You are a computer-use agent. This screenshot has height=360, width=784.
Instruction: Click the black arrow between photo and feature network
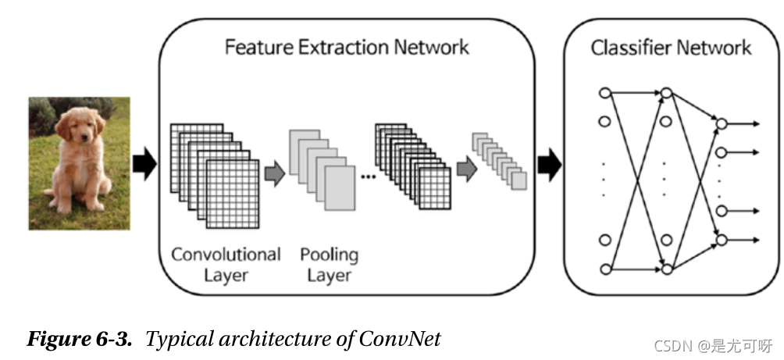[x=144, y=164]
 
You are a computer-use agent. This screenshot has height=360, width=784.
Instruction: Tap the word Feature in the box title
[x=255, y=47]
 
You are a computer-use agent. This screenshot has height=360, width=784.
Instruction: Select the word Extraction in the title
[x=337, y=47]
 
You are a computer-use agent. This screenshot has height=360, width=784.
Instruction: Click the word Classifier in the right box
[x=626, y=48]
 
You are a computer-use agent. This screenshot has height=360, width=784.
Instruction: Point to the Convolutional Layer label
[x=226, y=264]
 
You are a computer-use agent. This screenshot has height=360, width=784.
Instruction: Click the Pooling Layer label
[x=329, y=264]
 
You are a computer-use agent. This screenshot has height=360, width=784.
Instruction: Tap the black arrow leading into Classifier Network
[x=550, y=164]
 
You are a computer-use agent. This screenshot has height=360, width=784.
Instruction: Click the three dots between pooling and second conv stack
[x=368, y=176]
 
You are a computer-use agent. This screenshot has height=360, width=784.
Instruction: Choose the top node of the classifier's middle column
[x=666, y=93]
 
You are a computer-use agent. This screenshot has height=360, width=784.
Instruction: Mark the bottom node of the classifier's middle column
[x=666, y=269]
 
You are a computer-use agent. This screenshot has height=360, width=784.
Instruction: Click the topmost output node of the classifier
[x=722, y=123]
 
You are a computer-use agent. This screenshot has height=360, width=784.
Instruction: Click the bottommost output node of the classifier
[x=722, y=239]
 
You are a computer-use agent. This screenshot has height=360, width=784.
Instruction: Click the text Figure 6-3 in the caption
[x=81, y=340]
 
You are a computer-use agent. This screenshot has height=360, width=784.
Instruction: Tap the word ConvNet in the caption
[x=400, y=340]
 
